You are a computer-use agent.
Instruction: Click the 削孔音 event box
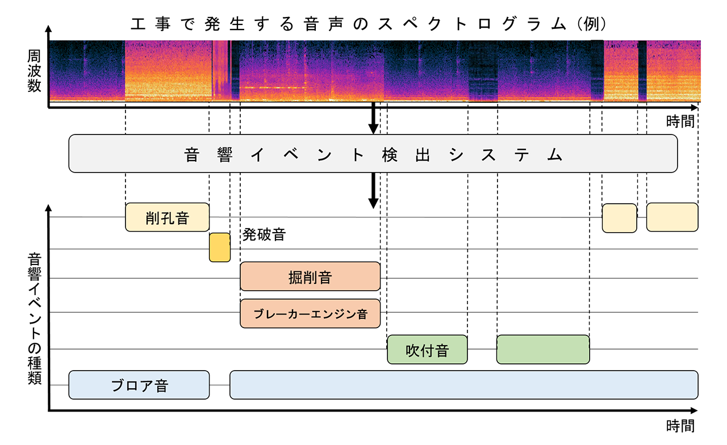(167, 217)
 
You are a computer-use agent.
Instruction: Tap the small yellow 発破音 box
(220, 247)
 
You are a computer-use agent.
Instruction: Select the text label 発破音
(264, 234)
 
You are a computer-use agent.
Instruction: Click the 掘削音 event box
(310, 276)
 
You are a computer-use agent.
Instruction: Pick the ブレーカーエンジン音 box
(310, 313)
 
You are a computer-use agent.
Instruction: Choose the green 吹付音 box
(427, 350)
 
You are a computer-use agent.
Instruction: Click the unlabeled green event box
(543, 350)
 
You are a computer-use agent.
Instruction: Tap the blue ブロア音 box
(139, 385)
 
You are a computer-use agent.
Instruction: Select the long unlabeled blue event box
(463, 385)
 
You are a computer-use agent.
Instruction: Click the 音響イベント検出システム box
(373, 154)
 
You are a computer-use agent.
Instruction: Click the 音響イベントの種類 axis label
(34, 318)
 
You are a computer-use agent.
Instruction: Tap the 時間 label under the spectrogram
(680, 120)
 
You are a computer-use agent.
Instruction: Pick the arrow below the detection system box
(373, 191)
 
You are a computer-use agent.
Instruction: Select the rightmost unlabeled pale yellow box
(672, 217)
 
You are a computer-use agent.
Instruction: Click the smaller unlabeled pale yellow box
(620, 217)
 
